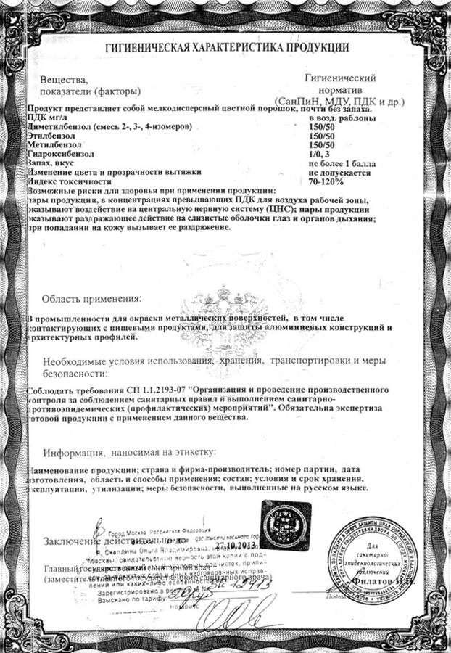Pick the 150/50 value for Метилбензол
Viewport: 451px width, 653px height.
pos(321,144)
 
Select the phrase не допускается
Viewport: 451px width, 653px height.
pos(339,173)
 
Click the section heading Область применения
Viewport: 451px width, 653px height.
pos(91,298)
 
